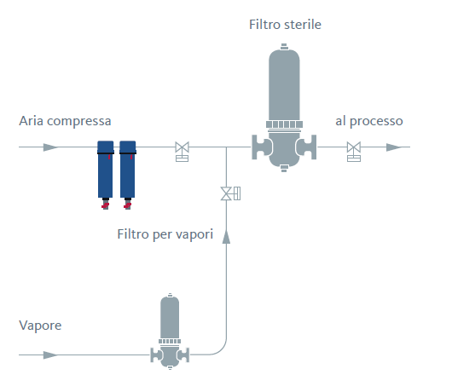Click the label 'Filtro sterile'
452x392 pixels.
point(285,25)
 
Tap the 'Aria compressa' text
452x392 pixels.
point(65,121)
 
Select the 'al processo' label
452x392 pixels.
point(369,121)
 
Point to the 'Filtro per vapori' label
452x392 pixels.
point(165,234)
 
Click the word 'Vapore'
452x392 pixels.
point(40,326)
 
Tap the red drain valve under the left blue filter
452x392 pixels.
point(105,205)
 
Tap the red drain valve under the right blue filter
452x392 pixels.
point(127,205)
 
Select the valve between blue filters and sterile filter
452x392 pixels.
point(183,151)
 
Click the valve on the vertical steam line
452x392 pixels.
point(230,193)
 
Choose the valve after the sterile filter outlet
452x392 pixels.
point(354,151)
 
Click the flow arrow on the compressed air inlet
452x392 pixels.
point(50,147)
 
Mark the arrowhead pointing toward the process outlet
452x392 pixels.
point(394,147)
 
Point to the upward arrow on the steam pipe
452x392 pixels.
point(226,237)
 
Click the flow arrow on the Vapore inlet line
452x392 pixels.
point(50,355)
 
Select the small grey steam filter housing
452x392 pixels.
point(170,331)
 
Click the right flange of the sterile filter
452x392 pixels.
point(307,147)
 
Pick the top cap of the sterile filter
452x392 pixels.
point(284,47)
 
